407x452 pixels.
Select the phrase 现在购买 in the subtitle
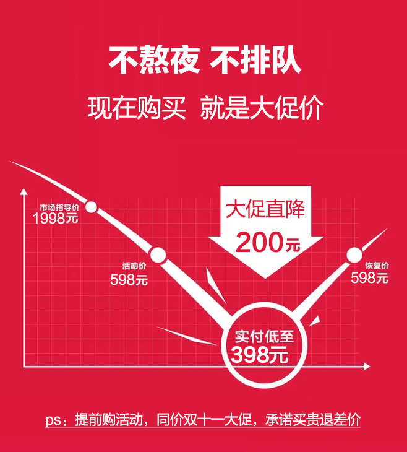pyautogui.click(x=137, y=108)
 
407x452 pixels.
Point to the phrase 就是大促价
pyautogui.click(x=262, y=108)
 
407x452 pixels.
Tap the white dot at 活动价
pyautogui.click(x=158, y=254)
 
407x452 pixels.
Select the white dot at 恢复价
pyautogui.click(x=354, y=254)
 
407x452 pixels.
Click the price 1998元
pyautogui.click(x=55, y=219)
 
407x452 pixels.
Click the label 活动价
pyautogui.click(x=134, y=266)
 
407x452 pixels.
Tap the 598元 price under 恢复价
pyautogui.click(x=370, y=278)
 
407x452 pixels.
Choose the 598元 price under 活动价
pyautogui.click(x=129, y=279)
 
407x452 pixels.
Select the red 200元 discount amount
pyautogui.click(x=267, y=242)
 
